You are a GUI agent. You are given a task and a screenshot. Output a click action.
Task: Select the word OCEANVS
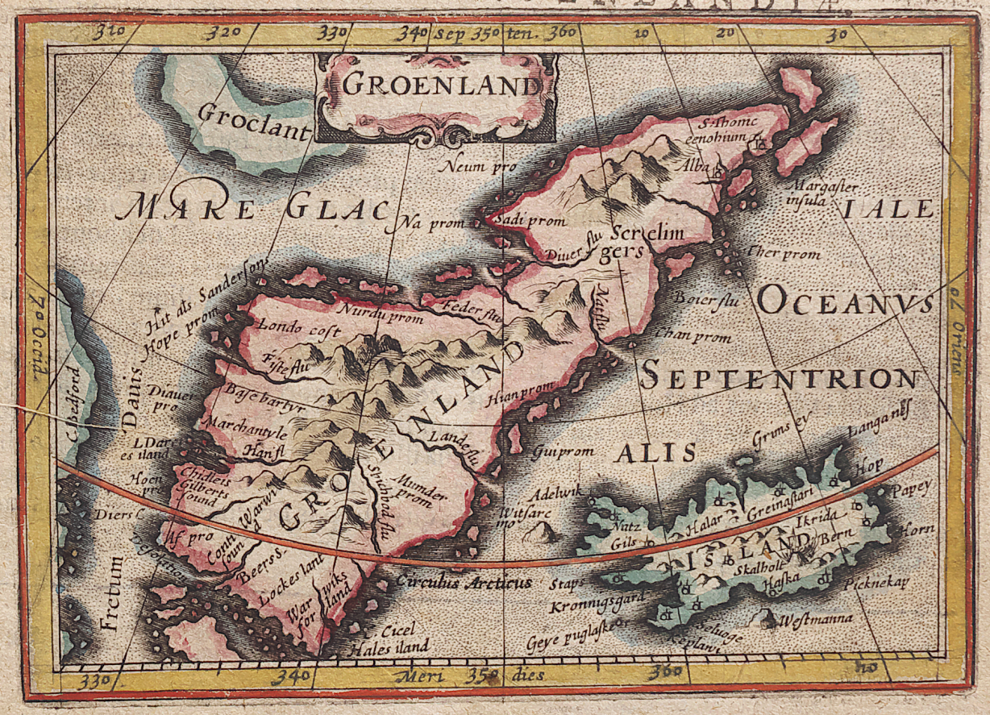844,301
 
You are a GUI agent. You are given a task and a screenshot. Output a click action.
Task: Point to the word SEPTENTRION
780,376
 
